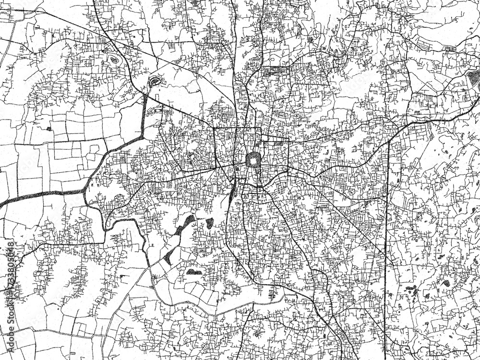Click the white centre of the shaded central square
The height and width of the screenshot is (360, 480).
(252, 160)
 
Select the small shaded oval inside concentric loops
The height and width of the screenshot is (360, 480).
(113, 60)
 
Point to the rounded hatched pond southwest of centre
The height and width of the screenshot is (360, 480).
(210, 223)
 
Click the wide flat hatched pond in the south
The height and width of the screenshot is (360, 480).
(194, 272)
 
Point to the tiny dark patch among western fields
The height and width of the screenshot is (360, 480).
(49, 129)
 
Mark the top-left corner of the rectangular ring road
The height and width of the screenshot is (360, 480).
(214, 129)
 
